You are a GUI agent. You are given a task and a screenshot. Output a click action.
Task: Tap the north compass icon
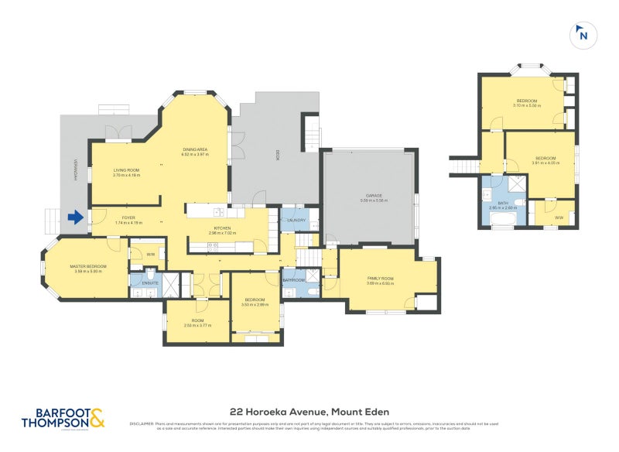pyautogui.click(x=583, y=35)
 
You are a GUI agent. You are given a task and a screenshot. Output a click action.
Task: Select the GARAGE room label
pyautogui.click(x=374, y=196)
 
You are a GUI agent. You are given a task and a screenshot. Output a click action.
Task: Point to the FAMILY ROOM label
pyautogui.click(x=380, y=279)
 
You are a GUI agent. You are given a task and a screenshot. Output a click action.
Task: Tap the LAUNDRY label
pyautogui.click(x=296, y=221)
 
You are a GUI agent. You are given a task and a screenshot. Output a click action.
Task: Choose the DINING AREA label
pyautogui.click(x=195, y=149)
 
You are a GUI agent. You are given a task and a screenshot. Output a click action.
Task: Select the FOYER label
pyautogui.click(x=125, y=218)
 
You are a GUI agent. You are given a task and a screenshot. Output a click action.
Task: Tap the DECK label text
pyautogui.click(x=275, y=155)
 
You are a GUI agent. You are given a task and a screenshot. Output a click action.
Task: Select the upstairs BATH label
pyautogui.click(x=503, y=204)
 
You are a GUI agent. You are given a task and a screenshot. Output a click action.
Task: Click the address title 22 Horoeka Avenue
pyautogui.click(x=309, y=411)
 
